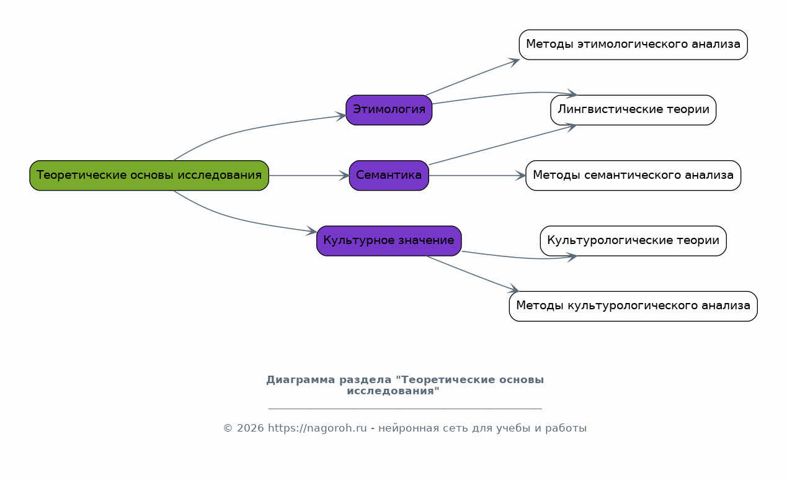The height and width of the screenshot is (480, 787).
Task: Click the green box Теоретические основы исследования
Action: click(149, 175)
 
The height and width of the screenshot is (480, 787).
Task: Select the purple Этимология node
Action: click(389, 110)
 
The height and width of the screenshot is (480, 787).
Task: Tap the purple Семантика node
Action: click(389, 175)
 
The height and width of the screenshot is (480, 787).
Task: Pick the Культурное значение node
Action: click(389, 241)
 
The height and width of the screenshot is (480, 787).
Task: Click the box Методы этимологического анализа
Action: click(633, 45)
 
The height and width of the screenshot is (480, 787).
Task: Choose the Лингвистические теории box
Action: click(633, 110)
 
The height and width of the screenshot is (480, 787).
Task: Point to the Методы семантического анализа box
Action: click(633, 175)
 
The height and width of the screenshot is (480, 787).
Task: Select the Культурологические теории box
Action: click(633, 241)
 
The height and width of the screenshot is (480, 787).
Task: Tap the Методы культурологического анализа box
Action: click(633, 306)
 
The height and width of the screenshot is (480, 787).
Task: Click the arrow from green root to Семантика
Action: click(309, 175)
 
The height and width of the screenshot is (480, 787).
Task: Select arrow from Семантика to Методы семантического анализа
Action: click(477, 175)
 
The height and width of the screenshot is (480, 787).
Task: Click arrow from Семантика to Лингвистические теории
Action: click(502, 145)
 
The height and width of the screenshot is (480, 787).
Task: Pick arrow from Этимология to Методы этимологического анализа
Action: click(473, 77)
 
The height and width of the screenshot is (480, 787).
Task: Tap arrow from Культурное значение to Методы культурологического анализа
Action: click(473, 274)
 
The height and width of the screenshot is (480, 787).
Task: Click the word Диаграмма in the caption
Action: click(300, 380)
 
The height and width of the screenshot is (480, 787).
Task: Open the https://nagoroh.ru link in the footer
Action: click(318, 428)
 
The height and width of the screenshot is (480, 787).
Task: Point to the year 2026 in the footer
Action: click(250, 428)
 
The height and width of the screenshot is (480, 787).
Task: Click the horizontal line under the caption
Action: click(405, 409)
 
